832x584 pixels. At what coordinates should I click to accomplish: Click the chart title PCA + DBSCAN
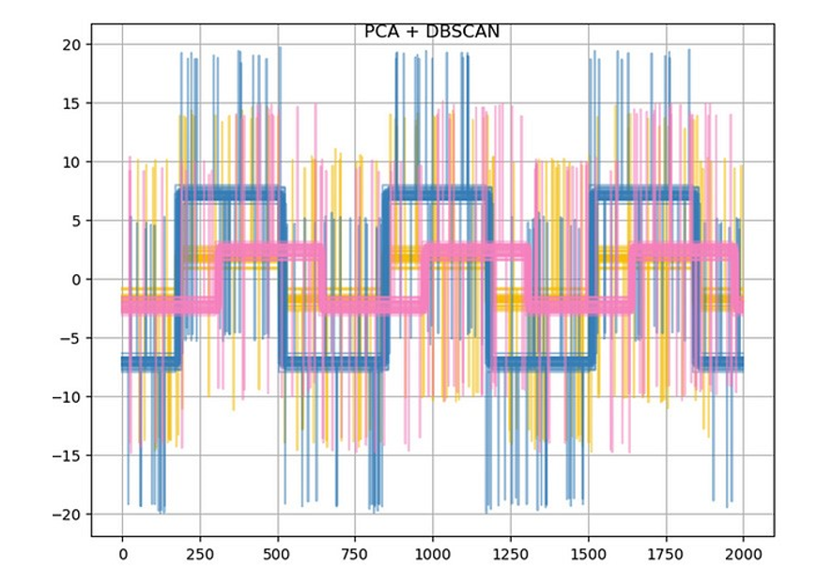(x=432, y=32)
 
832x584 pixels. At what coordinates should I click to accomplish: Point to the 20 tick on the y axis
(x=70, y=44)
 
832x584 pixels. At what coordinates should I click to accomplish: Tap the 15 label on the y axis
(x=70, y=103)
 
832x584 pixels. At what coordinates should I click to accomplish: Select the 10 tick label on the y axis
(x=70, y=161)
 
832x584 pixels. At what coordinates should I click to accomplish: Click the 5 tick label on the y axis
(x=75, y=221)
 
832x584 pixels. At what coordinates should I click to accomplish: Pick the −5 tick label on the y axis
(x=70, y=338)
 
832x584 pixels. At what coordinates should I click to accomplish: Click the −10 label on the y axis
(x=66, y=397)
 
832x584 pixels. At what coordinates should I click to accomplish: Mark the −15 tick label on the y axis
(x=66, y=455)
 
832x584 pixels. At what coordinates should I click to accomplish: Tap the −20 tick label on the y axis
(x=66, y=515)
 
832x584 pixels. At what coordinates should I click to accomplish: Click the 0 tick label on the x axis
(x=122, y=555)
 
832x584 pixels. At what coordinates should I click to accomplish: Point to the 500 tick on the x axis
(x=278, y=555)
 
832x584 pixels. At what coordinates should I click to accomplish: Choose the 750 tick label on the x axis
(x=355, y=555)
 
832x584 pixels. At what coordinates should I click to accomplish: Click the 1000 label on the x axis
(x=433, y=555)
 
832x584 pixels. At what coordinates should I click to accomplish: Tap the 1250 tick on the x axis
(x=511, y=555)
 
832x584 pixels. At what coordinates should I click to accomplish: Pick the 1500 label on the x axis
(x=588, y=555)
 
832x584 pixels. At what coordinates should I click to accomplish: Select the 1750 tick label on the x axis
(x=666, y=555)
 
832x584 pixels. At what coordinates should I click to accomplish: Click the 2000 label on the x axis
(x=743, y=555)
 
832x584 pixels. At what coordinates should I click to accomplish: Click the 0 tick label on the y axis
(x=75, y=280)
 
